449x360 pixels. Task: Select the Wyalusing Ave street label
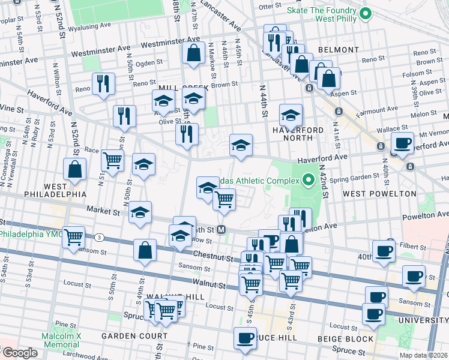89,27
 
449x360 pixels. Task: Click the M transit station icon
221,229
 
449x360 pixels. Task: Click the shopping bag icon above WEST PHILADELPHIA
75,170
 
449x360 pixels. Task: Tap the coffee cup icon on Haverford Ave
402,143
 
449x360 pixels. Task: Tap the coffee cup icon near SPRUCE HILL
245,337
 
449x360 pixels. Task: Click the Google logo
19,353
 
